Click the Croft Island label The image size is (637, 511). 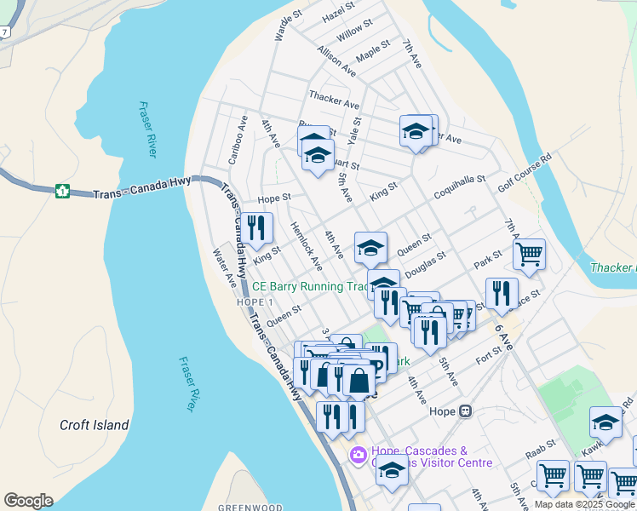coord(94,425)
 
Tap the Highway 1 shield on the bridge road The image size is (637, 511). coord(62,191)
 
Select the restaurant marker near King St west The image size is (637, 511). coord(256,229)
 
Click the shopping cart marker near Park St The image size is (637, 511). coord(529,254)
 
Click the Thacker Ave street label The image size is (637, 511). coord(335,100)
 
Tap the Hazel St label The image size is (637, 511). coord(338,12)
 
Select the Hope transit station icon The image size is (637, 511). coord(465,411)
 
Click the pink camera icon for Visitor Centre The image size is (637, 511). coord(359,456)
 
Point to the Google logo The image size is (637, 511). coord(28,501)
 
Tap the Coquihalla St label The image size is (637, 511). coord(457,187)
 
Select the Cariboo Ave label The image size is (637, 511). coord(236,141)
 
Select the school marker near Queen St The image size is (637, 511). coord(370,248)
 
